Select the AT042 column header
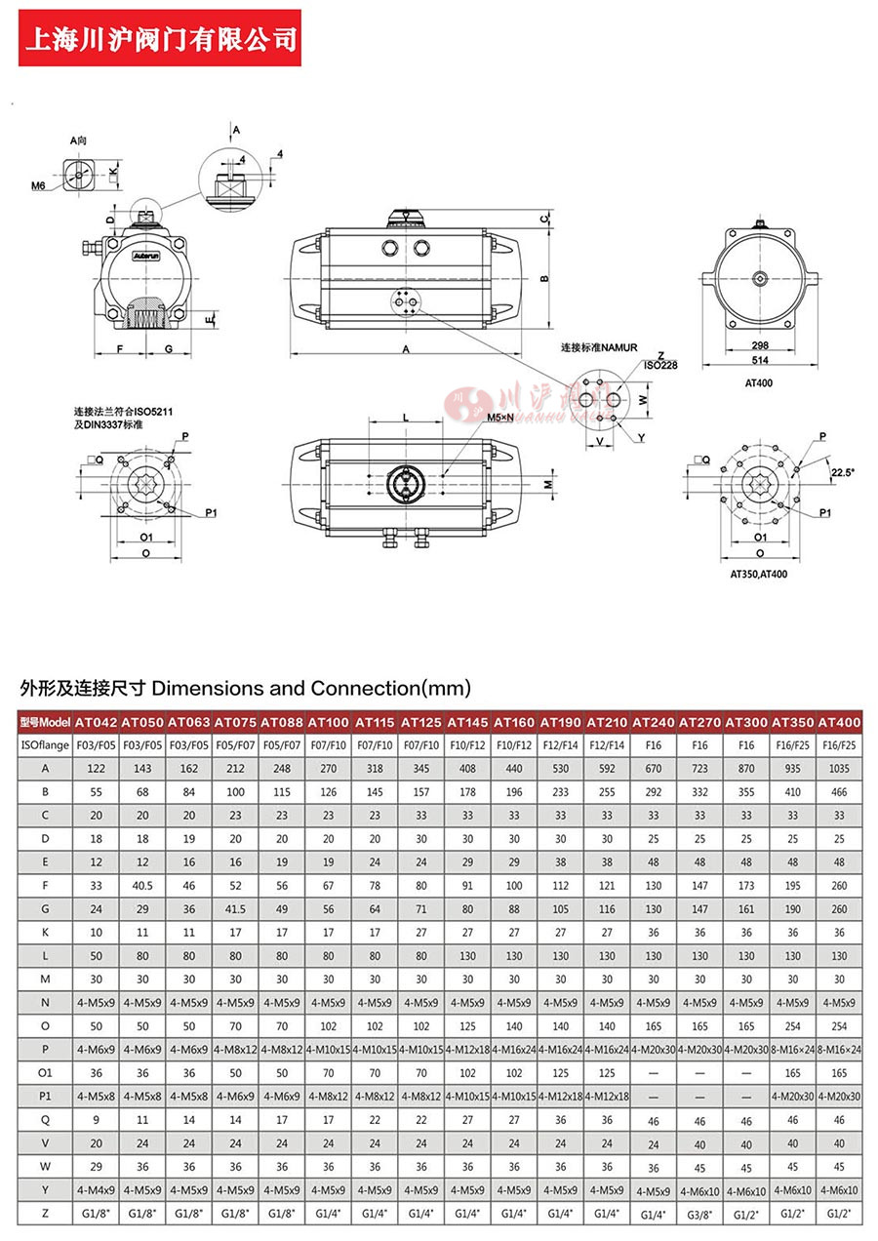click(96, 722)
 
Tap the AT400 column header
click(839, 722)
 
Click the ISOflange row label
click(44, 745)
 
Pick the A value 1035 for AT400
click(839, 769)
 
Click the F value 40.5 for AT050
click(142, 886)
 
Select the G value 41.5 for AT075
click(235, 909)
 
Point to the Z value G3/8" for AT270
click(699, 1214)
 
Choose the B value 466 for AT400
click(839, 792)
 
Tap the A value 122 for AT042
click(96, 769)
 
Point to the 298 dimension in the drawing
click(758, 345)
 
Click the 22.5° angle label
click(842, 472)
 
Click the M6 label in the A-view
click(38, 184)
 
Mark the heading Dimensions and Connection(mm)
click(245, 688)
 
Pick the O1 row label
click(44, 1073)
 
